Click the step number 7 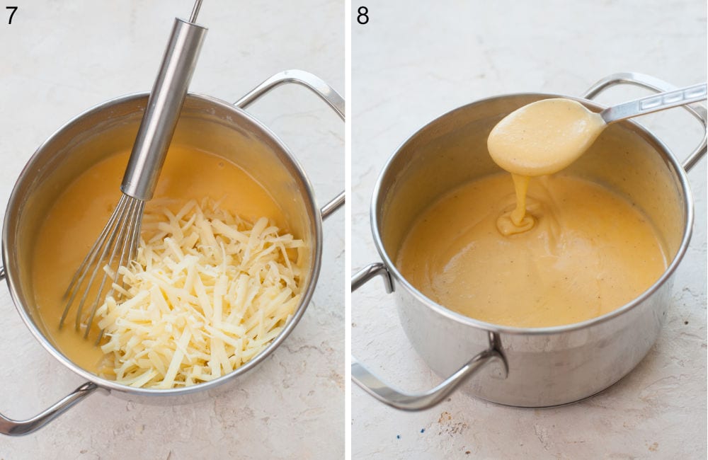11,14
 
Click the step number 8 362,14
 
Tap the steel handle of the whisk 163,106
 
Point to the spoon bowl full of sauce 542,136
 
